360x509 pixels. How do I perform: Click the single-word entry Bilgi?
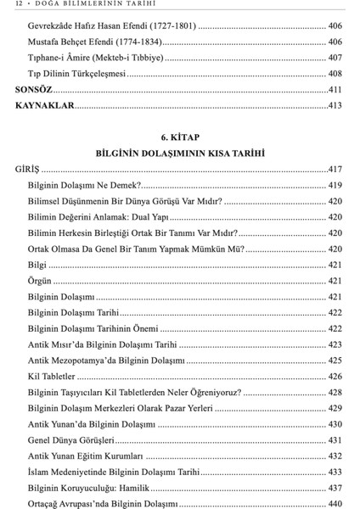(x=37, y=264)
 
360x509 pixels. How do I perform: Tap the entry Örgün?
(x=40, y=280)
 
